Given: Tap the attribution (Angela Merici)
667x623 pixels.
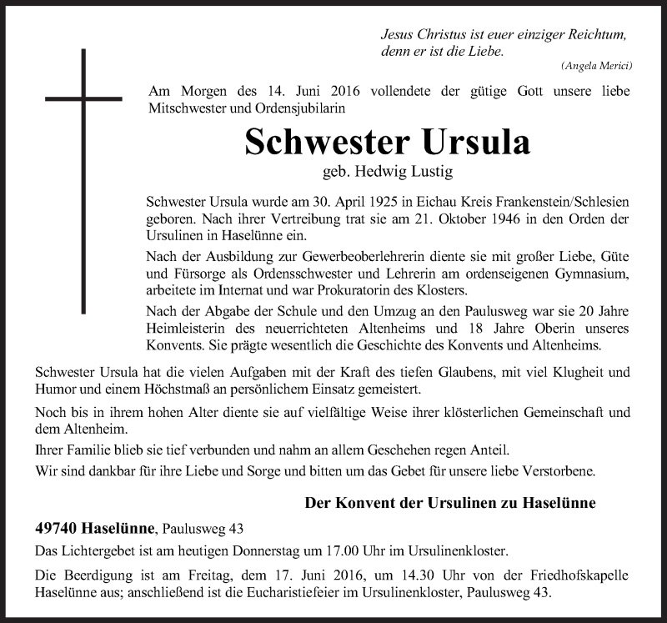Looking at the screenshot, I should pyautogui.click(x=596, y=65).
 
